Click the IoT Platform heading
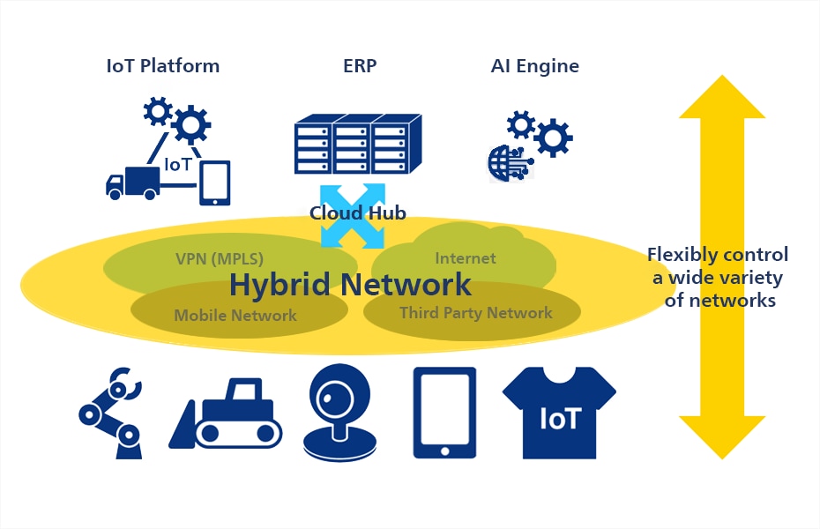163,66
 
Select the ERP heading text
360,66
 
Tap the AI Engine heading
534,66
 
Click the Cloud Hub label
357,213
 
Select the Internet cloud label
466,258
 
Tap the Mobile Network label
235,316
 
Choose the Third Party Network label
476,313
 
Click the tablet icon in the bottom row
444,413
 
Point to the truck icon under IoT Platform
132,183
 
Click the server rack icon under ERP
353,145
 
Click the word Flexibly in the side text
682,255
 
